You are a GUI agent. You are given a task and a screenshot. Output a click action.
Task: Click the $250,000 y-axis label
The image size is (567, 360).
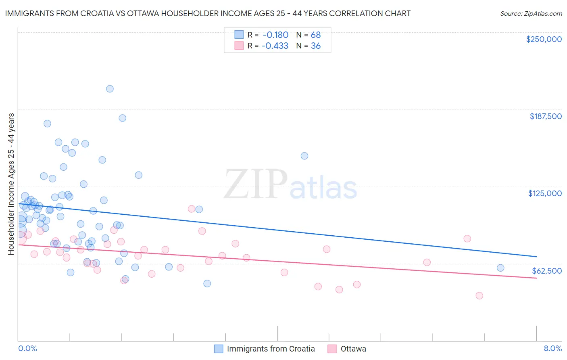click(x=544, y=39)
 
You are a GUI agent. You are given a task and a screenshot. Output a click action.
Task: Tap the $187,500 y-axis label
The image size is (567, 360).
click(x=545, y=116)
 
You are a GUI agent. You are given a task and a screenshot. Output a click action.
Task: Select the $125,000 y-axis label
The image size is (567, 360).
click(x=545, y=193)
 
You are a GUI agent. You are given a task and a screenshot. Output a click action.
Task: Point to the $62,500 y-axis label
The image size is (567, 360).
click(x=546, y=271)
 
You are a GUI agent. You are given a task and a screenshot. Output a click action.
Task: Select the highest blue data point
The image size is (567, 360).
click(x=110, y=89)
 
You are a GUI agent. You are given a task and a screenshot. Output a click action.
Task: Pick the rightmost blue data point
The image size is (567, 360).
click(x=500, y=268)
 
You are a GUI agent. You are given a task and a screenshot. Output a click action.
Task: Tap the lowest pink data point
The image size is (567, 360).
click(x=479, y=296)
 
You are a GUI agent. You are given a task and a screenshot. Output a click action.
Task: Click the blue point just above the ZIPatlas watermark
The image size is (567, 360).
click(x=304, y=156)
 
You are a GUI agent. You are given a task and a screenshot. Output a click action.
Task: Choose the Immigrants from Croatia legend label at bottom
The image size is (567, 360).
click(x=271, y=349)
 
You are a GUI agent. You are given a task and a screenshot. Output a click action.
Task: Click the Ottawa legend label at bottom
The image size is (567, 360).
click(x=353, y=349)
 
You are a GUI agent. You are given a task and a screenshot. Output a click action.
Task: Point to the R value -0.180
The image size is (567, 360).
click(x=275, y=35)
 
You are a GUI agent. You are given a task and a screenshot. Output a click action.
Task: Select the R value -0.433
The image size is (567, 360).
click(x=275, y=46)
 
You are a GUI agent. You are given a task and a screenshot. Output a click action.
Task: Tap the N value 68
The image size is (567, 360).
click(x=316, y=35)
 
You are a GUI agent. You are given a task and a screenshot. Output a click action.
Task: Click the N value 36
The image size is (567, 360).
click(x=316, y=46)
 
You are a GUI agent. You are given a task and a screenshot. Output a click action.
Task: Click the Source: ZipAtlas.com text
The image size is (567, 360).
click(x=531, y=14)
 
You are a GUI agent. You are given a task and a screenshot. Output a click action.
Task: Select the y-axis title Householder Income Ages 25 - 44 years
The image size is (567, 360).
click(x=11, y=184)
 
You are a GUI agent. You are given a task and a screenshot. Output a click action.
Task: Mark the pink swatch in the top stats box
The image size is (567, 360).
click(x=239, y=46)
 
